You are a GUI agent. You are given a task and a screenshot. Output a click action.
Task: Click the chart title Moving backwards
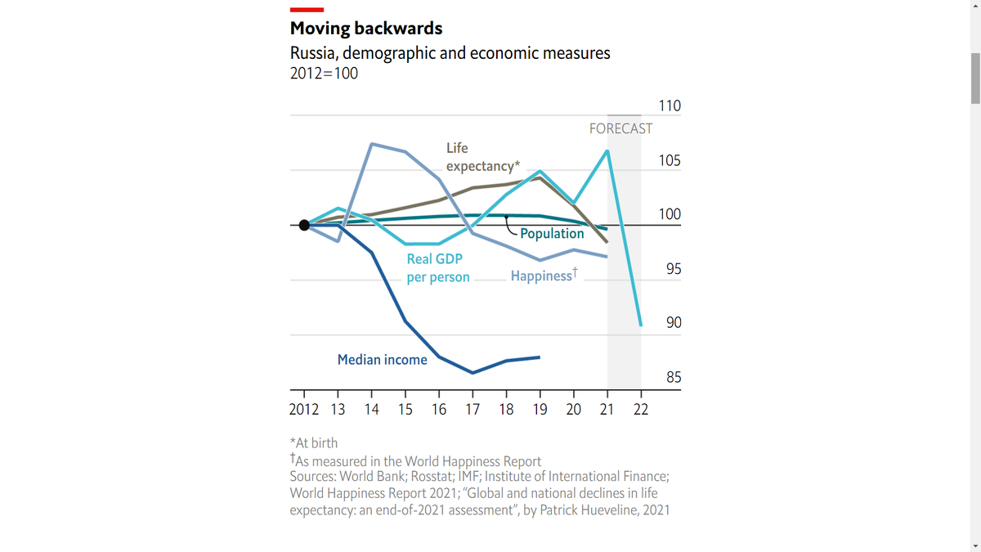366,29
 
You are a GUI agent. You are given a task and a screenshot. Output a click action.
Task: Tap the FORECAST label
620,128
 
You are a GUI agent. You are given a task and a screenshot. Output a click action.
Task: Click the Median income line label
382,360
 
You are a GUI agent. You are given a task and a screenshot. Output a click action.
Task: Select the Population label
552,234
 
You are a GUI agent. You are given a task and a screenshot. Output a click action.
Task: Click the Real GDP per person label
438,268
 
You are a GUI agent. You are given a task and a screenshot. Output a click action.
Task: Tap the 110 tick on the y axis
670,106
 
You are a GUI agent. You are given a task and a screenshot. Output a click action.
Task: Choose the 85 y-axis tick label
674,378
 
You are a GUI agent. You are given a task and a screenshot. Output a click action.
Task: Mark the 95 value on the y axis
674,269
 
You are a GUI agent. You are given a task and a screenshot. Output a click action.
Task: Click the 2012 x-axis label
304,410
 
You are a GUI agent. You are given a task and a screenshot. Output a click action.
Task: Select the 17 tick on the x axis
473,410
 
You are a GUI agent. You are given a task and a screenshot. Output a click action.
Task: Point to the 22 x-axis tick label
641,410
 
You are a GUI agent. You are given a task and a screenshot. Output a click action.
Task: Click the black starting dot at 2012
304,225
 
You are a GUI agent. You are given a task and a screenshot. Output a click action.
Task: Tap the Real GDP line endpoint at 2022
641,325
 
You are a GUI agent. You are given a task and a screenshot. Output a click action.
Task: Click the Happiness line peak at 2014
372,144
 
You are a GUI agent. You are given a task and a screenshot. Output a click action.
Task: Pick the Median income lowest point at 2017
473,373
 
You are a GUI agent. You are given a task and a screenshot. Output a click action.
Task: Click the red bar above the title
307,10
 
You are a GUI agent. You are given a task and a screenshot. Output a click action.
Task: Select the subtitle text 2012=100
324,74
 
